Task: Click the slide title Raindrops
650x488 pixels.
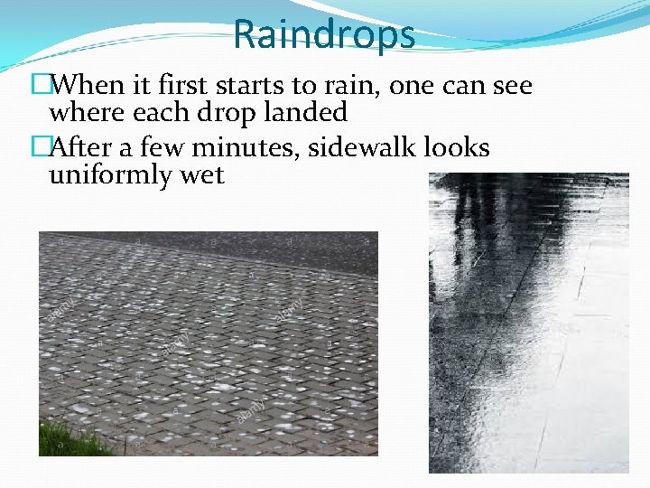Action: pos(324,34)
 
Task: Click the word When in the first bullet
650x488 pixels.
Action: pos(88,86)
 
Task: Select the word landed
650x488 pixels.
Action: pos(305,113)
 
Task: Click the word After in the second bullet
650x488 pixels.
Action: pos(86,147)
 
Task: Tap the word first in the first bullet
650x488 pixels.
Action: pos(180,86)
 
